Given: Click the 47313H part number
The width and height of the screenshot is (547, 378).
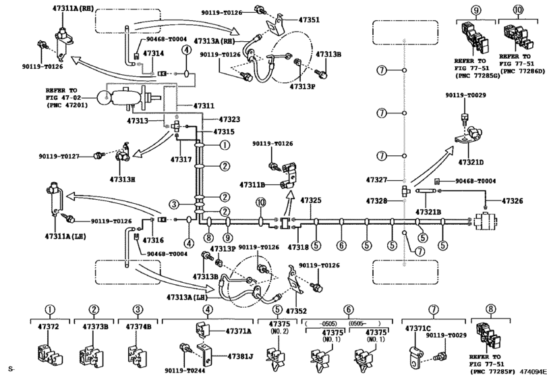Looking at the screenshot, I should (x=124, y=180).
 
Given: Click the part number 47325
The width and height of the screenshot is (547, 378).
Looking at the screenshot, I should (x=310, y=200).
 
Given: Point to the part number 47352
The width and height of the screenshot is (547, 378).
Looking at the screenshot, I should (x=297, y=312).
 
